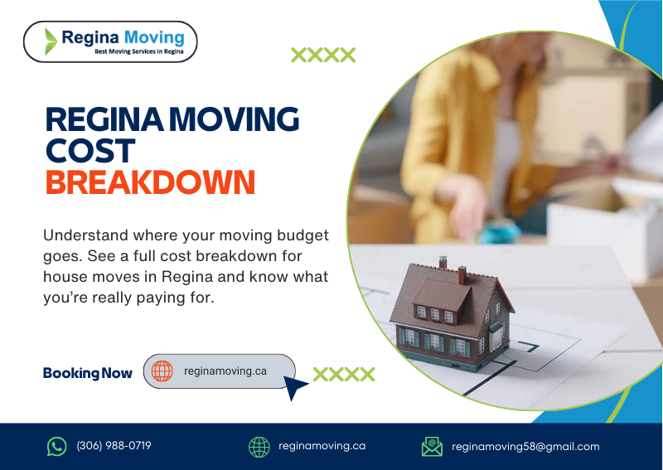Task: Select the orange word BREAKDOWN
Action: [x=150, y=182]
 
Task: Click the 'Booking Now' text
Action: [x=87, y=373]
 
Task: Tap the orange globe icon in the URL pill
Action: [x=162, y=371]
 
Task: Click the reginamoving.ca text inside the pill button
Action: [x=225, y=371]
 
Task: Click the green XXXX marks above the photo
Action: [x=323, y=56]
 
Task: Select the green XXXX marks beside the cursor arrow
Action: [x=344, y=374]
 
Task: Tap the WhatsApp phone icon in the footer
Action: [x=56, y=447]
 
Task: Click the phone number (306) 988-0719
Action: [x=114, y=446]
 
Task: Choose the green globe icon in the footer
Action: [x=259, y=447]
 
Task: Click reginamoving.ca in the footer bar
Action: [x=322, y=446]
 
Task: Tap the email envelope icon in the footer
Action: [x=432, y=447]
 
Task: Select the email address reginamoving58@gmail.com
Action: [x=525, y=447]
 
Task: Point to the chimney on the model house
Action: [x=462, y=274]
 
